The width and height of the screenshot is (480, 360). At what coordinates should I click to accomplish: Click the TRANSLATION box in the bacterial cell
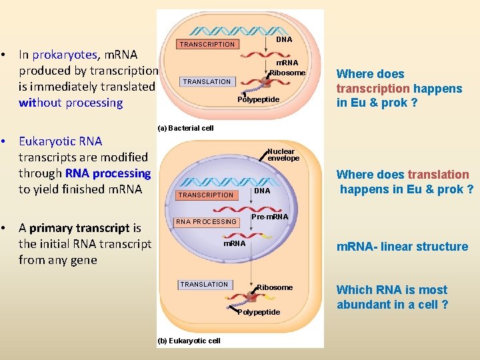point(207,82)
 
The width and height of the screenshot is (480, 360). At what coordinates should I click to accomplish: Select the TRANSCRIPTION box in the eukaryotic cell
point(206,195)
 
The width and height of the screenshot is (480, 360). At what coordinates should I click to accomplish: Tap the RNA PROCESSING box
point(206,222)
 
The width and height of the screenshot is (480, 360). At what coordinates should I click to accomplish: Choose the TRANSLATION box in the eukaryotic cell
point(204,285)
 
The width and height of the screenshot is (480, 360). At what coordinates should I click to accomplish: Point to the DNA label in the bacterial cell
point(284,39)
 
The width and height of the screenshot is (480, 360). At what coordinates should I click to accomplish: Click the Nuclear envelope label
point(283,155)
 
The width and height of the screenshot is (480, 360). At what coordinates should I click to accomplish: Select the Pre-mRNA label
point(269,217)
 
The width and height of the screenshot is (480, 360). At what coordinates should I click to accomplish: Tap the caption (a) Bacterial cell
point(185,128)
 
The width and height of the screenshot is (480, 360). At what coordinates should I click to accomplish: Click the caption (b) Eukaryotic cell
point(189,341)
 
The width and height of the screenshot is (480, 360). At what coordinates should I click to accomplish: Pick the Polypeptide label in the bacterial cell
point(258,99)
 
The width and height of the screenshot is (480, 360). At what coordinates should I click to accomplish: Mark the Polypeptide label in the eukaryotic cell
point(259,312)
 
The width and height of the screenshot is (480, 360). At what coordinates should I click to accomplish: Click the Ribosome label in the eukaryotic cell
point(275,287)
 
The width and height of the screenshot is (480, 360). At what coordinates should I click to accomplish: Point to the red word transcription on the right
point(373,89)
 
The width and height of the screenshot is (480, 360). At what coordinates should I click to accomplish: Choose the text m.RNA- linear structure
point(402,247)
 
